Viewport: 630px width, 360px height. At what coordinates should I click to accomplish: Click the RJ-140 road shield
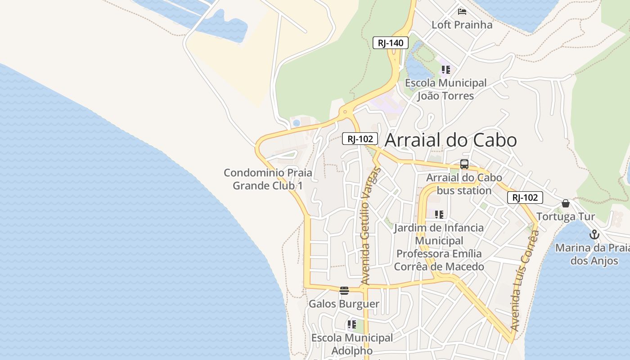click(x=390, y=43)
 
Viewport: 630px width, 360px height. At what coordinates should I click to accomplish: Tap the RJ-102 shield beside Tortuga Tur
click(x=525, y=198)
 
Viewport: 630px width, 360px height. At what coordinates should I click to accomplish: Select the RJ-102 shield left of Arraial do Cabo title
click(x=360, y=139)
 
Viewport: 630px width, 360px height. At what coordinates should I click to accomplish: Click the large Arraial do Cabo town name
click(x=450, y=140)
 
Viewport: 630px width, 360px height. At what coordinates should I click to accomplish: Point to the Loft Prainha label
click(x=462, y=25)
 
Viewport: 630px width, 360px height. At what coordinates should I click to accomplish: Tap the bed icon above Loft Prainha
click(x=462, y=11)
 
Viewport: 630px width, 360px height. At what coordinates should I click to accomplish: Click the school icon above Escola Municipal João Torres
click(x=445, y=70)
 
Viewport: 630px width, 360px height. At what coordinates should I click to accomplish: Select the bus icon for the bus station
click(x=464, y=164)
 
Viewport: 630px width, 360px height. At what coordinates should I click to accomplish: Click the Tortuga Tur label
click(x=565, y=216)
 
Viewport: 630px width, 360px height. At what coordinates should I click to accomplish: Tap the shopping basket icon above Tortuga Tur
click(x=565, y=203)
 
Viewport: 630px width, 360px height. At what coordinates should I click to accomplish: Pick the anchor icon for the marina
click(x=594, y=234)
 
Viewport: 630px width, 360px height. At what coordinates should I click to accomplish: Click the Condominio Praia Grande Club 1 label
click(x=268, y=179)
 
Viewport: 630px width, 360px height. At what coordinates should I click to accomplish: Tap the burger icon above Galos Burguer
click(x=344, y=291)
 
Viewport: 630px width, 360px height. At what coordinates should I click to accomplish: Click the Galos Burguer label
click(x=344, y=304)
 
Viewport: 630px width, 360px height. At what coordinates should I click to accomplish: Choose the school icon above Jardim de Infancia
click(x=439, y=215)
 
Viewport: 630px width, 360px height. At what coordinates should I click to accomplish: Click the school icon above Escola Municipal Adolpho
click(x=351, y=324)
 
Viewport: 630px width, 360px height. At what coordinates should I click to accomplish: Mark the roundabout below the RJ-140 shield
click(x=345, y=112)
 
